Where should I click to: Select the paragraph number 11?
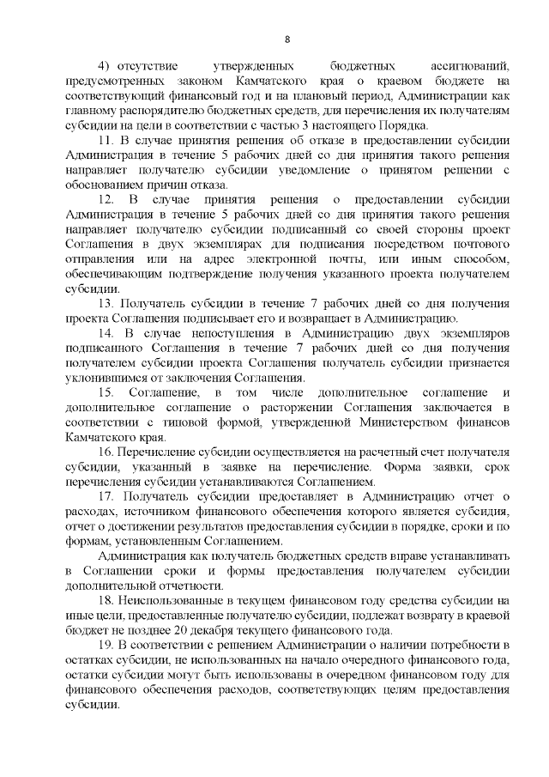(x=106, y=141)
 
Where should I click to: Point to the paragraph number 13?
(x=106, y=304)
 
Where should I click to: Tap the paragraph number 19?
(x=106, y=645)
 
